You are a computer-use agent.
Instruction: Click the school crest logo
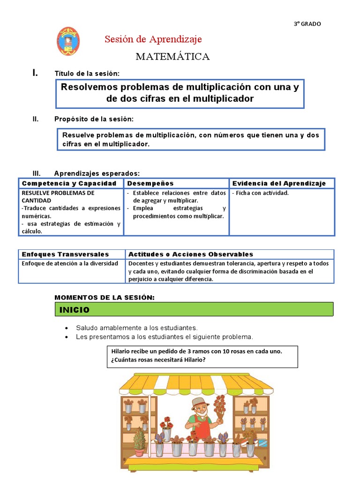(68, 41)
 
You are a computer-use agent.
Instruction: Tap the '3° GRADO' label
(307, 24)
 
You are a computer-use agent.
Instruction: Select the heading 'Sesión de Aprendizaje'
(153, 39)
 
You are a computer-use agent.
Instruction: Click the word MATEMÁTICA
(172, 57)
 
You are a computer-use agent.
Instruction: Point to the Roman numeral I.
(35, 73)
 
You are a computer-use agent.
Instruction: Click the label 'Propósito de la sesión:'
(94, 119)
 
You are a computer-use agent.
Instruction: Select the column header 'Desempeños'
(150, 183)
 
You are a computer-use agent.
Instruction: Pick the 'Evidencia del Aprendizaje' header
(279, 183)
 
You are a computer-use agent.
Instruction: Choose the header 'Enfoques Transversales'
(65, 254)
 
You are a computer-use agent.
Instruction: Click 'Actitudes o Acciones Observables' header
(191, 254)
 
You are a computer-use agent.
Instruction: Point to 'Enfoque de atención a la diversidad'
(70, 263)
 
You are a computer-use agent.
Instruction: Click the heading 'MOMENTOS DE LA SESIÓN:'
(105, 297)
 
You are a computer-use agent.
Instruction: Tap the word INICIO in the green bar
(74, 310)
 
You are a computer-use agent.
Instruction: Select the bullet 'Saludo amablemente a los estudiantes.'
(136, 328)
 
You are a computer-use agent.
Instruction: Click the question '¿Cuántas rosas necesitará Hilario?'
(158, 360)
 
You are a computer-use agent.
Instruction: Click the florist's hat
(200, 402)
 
